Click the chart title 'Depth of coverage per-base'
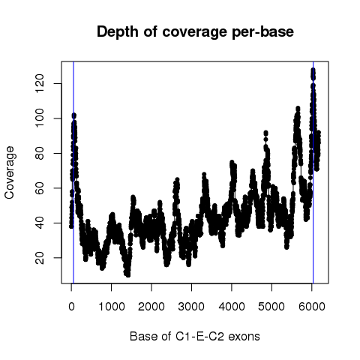pos(195,32)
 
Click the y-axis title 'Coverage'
pos(9,172)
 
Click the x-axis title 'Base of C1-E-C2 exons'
pos(195,336)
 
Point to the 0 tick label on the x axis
pos(71,307)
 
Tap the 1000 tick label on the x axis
pos(112,307)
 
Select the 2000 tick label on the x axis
pos(151,307)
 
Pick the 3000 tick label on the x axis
pos(191,307)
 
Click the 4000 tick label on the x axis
pos(232,307)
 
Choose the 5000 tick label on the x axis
pos(271,307)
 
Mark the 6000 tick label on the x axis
pos(312,307)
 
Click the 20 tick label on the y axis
pos(40,258)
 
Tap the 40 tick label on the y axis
pos(40,223)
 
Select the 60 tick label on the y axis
pos(40,188)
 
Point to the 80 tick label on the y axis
pos(40,153)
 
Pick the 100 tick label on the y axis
pos(40,118)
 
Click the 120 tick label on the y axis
pos(40,83)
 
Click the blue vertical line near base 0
pos(73,172)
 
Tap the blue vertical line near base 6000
pos(313,172)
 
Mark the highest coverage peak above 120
pos(313,70)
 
